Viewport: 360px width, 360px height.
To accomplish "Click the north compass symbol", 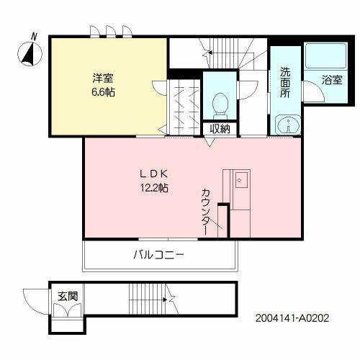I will coord(30,53).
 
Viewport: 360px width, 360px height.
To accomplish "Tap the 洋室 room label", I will coord(102,77).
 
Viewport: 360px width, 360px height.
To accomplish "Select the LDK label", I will coord(154,174).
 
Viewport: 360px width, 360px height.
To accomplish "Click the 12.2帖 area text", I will coord(154,189).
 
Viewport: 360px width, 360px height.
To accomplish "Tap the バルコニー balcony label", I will coord(158,254).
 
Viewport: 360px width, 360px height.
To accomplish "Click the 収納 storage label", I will coord(220,129).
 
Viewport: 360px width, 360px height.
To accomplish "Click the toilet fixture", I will coord(220,104).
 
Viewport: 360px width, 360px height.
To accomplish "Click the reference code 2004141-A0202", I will coord(292,318).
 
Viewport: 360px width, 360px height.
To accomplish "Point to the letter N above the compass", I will coord(34,36).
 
